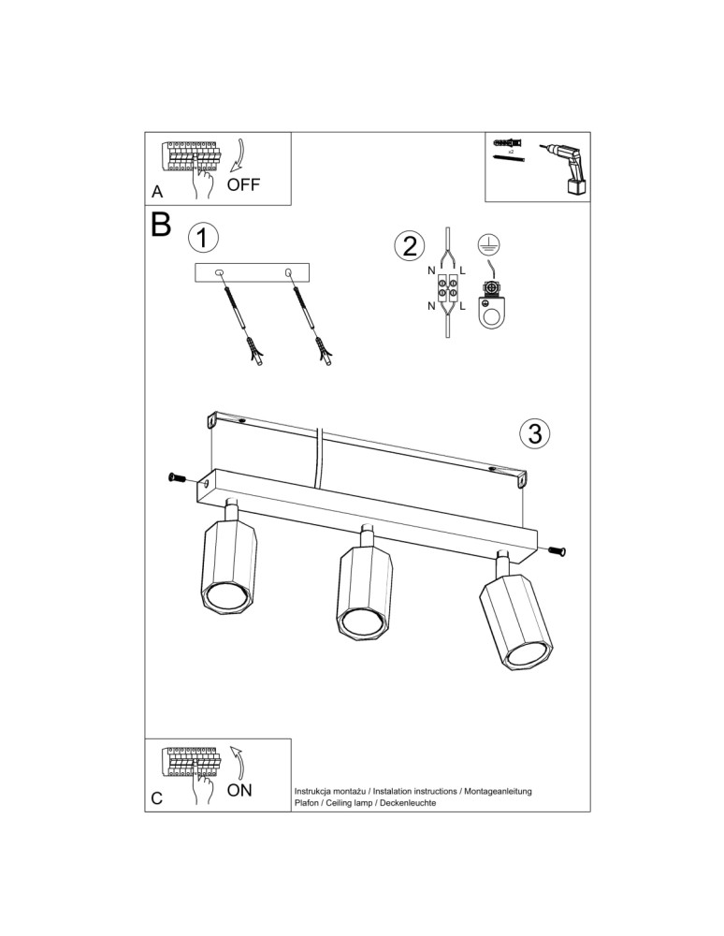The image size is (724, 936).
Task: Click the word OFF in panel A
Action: (243, 184)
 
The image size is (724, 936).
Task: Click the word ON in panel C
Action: (239, 789)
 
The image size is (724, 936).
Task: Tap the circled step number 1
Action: (203, 237)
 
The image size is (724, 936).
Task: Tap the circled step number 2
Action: (407, 246)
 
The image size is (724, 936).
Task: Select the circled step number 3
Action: (533, 433)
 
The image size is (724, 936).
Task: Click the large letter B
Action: (161, 226)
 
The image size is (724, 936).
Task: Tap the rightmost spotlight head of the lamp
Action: (515, 624)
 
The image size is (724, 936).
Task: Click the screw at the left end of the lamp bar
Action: (176, 479)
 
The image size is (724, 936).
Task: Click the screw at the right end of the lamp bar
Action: (557, 551)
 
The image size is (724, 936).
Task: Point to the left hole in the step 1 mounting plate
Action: (221, 272)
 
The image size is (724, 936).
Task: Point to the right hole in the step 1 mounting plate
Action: (289, 272)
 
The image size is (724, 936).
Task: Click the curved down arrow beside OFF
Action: (239, 154)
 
